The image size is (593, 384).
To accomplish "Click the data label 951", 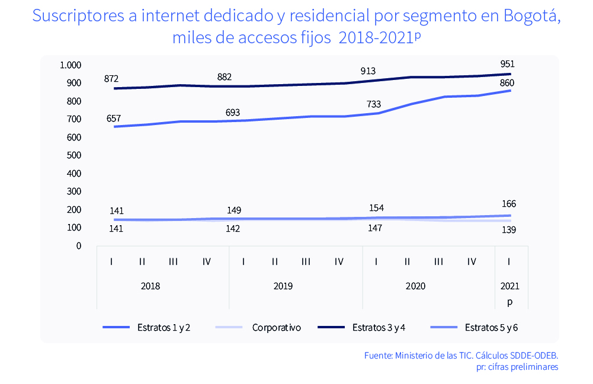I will pyautogui.click(x=507, y=64).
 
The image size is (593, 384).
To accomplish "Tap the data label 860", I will pyautogui.click(x=507, y=82).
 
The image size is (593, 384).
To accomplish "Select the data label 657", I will pyautogui.click(x=114, y=119).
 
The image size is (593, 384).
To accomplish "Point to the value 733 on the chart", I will pyautogui.click(x=374, y=104).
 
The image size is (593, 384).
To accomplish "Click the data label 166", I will pyautogui.click(x=508, y=204).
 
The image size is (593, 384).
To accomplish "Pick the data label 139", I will pyautogui.click(x=508, y=229).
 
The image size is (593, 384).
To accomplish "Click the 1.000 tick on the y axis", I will pyautogui.click(x=70, y=65).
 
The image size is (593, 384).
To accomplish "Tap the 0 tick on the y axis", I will pyautogui.click(x=78, y=245).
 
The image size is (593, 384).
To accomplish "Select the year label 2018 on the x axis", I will pyautogui.click(x=150, y=286).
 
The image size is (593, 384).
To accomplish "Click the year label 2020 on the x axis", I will pyautogui.click(x=415, y=286).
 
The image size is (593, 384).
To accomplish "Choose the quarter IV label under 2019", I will pyautogui.click(x=339, y=261).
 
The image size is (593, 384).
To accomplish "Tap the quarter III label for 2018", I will pyautogui.click(x=173, y=261).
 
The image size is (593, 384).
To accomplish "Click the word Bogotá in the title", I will pyautogui.click(x=532, y=16).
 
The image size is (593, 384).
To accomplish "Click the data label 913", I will pyautogui.click(x=368, y=71).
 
